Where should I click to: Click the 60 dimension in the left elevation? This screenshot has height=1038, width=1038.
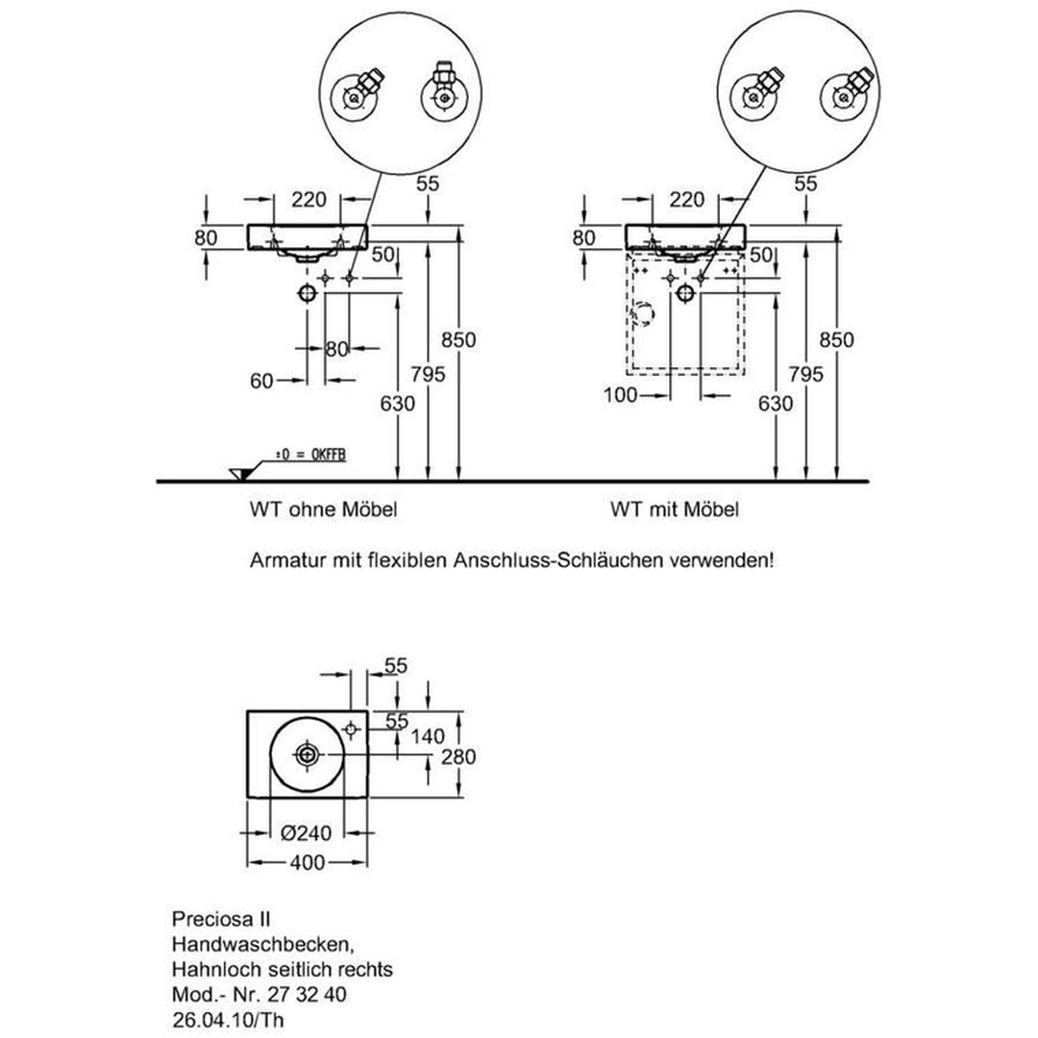261,382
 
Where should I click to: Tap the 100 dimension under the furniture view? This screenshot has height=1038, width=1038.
623,395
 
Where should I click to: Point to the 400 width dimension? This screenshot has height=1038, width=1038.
308,864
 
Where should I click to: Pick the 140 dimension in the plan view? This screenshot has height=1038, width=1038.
429,737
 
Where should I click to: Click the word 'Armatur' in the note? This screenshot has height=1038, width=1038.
284,560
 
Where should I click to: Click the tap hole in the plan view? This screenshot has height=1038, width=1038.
350,732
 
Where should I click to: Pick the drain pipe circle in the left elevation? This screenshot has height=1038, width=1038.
308,292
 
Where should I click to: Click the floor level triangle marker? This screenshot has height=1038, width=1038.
240,472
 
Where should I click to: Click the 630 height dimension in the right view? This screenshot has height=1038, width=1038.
776,404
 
